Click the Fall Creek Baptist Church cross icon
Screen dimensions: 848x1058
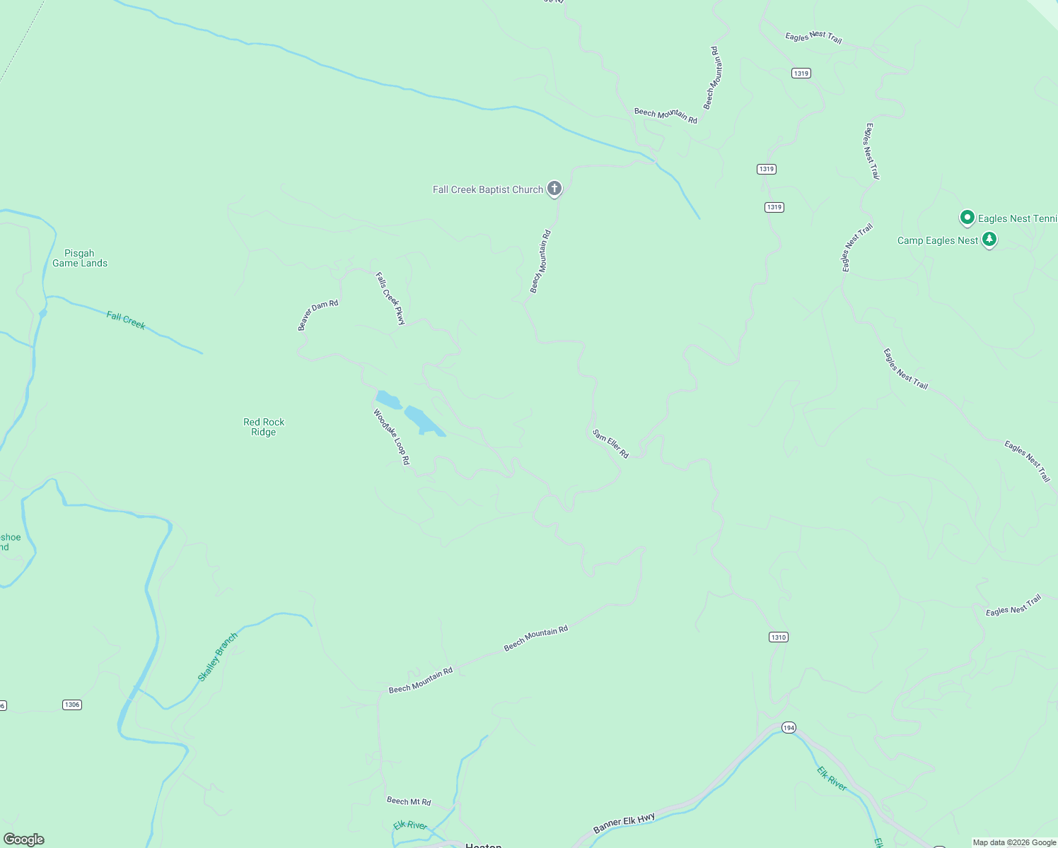point(554,189)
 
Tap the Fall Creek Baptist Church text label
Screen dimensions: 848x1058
point(487,189)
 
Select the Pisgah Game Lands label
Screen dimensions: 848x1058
point(80,258)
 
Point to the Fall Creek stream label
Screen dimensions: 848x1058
point(126,320)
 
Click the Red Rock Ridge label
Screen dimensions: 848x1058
point(264,427)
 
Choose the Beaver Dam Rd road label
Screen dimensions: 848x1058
point(318,315)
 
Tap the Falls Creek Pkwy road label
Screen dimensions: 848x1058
point(390,298)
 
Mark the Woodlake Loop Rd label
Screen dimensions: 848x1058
point(392,437)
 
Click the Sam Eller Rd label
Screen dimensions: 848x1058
point(610,444)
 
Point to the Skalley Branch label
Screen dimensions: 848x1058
point(217,657)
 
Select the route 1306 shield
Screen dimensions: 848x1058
point(72,705)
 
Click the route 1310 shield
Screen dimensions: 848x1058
point(778,637)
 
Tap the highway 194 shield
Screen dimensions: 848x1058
point(789,727)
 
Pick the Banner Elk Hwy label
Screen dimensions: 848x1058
point(624,823)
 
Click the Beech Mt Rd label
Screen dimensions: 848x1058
point(409,801)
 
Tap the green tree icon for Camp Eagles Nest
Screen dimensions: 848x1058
point(989,240)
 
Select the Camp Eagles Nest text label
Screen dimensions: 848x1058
point(937,240)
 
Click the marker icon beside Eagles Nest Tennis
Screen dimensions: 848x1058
point(967,218)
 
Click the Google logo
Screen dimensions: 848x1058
point(24,840)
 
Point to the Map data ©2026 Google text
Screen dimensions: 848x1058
point(1014,842)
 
